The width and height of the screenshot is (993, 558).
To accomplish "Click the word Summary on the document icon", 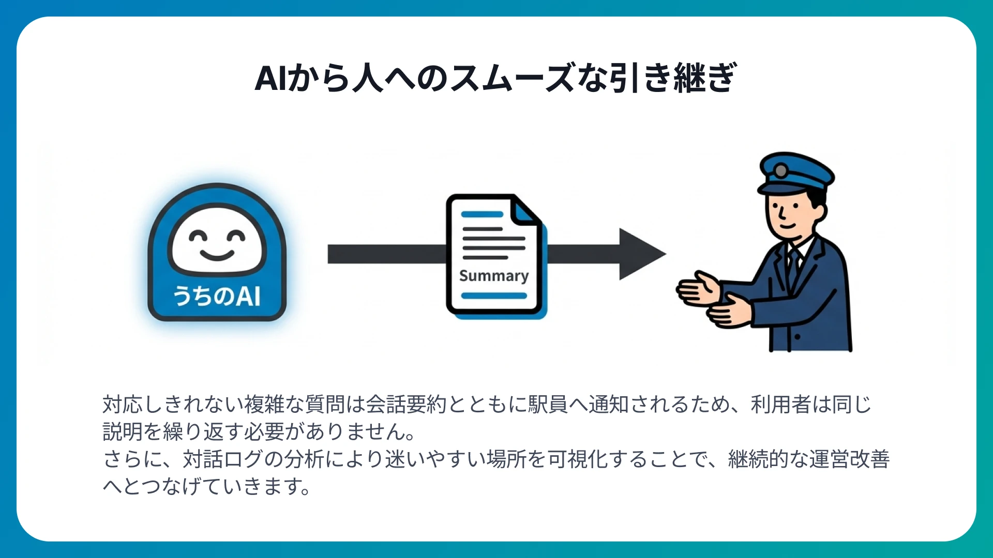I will point(494,276).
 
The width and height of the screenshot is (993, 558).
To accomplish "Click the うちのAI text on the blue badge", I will point(217,296).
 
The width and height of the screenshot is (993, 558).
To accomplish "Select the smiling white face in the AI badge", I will point(217,240).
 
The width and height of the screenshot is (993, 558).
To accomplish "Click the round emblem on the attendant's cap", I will point(781,170).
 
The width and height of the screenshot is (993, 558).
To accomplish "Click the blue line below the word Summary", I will point(494,296).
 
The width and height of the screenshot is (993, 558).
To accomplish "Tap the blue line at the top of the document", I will point(482,214).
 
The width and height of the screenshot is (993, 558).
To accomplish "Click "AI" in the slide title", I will point(270,79).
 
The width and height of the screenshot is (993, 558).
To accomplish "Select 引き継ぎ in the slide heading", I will point(672,79).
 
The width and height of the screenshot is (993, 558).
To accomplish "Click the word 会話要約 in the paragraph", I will point(406,405).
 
